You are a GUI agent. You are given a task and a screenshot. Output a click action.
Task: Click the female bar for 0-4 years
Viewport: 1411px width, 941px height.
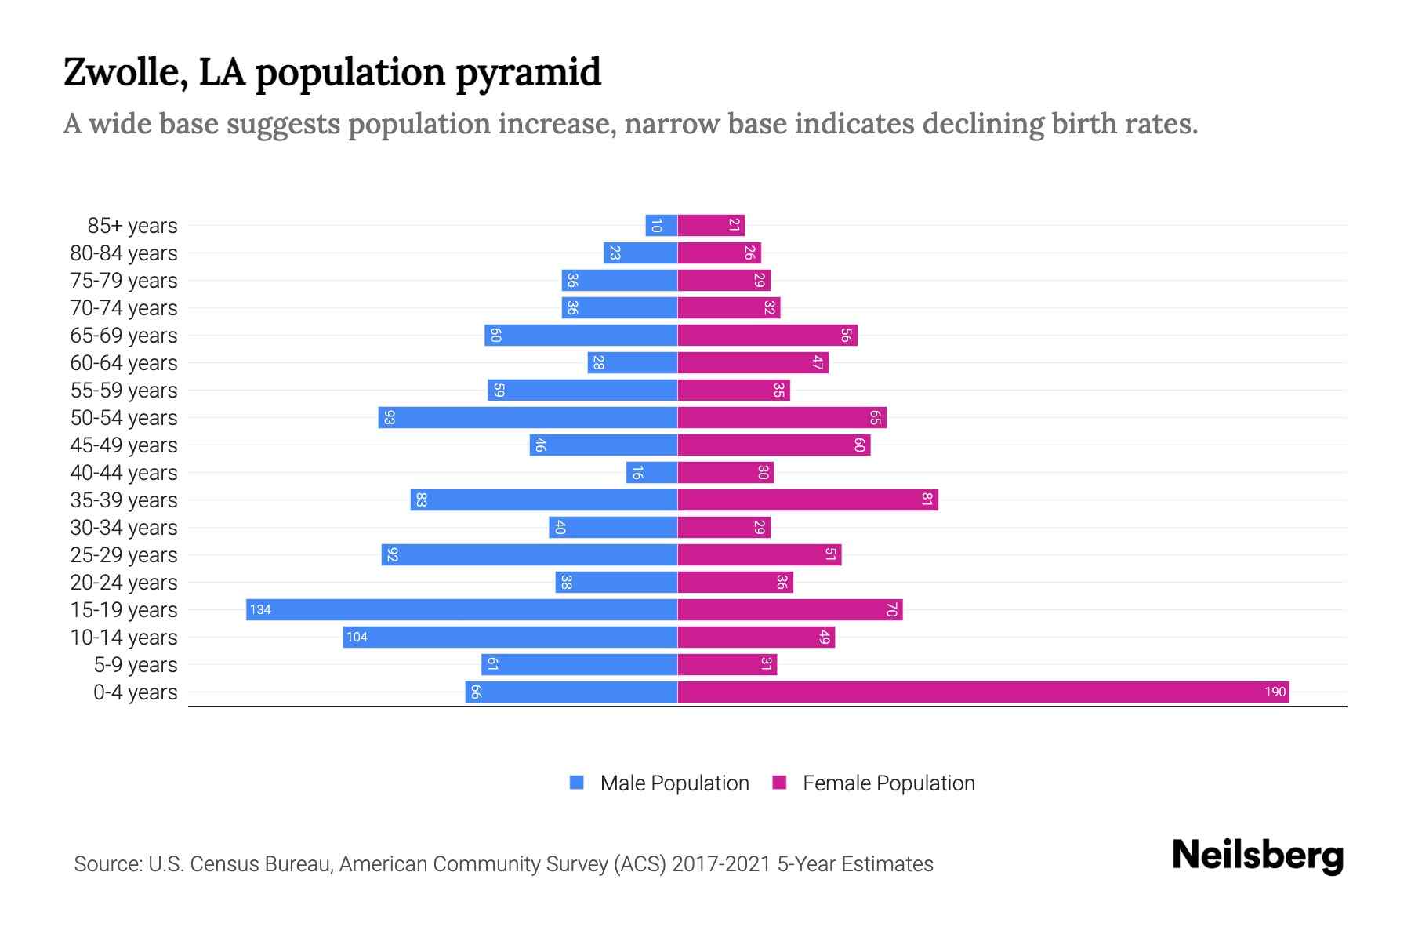pyautogui.click(x=983, y=692)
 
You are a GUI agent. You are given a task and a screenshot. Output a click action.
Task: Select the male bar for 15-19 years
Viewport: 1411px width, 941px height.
pyautogui.click(x=462, y=609)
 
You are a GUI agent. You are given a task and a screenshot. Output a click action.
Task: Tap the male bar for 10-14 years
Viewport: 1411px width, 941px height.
pyautogui.click(x=510, y=637)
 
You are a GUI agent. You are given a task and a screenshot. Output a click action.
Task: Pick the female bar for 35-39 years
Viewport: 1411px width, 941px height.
pyautogui.click(x=807, y=500)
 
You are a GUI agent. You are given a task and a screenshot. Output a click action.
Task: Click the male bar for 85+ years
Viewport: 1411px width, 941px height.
pyautogui.click(x=661, y=225)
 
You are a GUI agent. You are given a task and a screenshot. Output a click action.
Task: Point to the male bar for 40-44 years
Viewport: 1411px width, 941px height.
pyautogui.click(x=651, y=472)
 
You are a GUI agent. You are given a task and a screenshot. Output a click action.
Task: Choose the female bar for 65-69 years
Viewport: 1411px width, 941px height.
pyautogui.click(x=767, y=335)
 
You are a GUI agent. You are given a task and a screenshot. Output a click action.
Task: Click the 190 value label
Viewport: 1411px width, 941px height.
pyautogui.click(x=1275, y=692)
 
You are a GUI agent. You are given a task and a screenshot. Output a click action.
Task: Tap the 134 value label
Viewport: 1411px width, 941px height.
pyautogui.click(x=260, y=609)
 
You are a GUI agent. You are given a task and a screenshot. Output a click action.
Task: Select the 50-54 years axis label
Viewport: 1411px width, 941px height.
pyautogui.click(x=124, y=417)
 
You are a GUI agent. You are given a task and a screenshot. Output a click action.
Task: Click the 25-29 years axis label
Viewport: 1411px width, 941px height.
pyautogui.click(x=124, y=554)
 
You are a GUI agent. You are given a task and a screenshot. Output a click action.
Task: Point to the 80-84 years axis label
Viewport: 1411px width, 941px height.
pyautogui.click(x=124, y=253)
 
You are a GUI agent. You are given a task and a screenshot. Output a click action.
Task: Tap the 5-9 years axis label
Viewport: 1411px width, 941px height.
pyautogui.click(x=136, y=664)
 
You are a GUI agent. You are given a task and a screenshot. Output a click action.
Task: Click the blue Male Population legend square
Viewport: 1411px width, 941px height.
pyautogui.click(x=577, y=783)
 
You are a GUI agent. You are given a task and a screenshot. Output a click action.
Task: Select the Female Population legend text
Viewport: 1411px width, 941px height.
pyautogui.click(x=888, y=783)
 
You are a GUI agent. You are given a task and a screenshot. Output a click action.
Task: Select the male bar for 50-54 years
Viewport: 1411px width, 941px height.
pyautogui.click(x=528, y=417)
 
